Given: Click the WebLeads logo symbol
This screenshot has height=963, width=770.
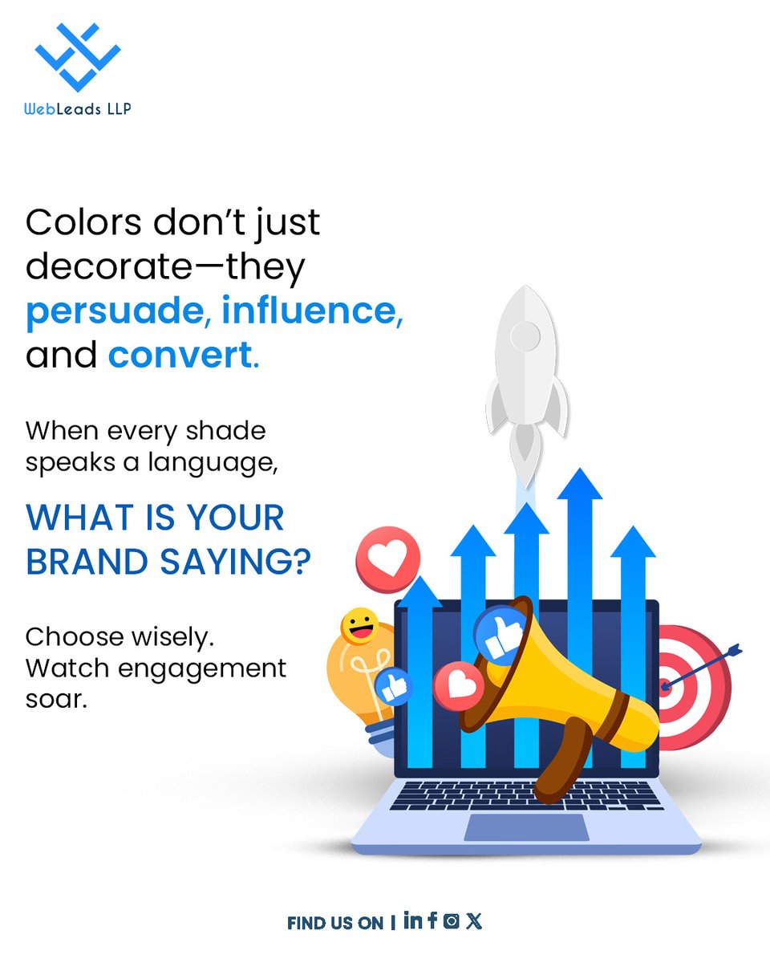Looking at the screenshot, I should (78, 56).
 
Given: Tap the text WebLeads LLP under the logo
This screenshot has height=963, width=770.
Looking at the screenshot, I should (78, 108).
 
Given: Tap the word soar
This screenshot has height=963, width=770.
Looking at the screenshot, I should (55, 698).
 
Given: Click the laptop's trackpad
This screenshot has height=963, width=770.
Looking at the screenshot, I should (526, 827).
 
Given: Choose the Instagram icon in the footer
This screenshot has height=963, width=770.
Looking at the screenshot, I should (452, 921).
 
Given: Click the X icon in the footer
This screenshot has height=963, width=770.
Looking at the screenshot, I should (474, 921).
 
